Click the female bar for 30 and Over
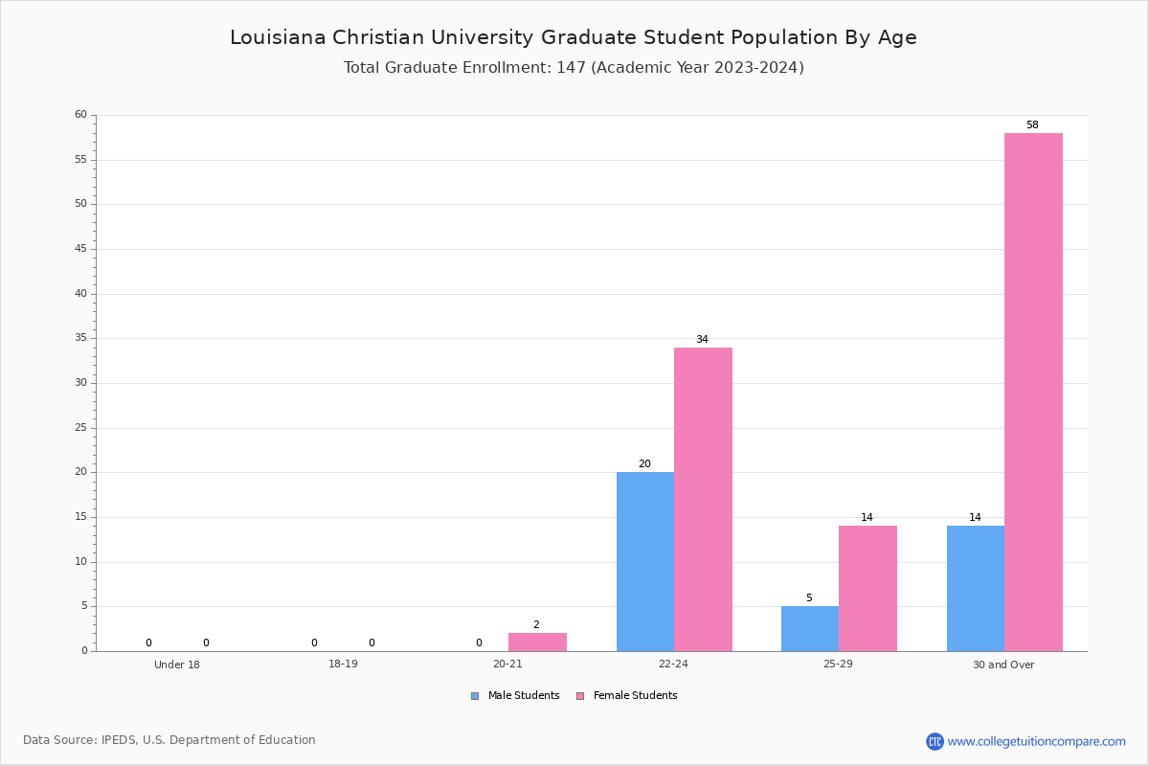(x=1033, y=392)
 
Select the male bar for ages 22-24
(x=644, y=561)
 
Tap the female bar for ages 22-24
(x=703, y=499)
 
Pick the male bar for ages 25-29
(x=809, y=628)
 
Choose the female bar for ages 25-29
(x=867, y=588)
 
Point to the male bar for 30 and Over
(x=975, y=588)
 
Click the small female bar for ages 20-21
(x=537, y=642)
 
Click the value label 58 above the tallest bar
(x=1032, y=125)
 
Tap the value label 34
(x=702, y=340)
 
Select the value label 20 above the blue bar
(x=644, y=464)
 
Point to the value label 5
(x=809, y=598)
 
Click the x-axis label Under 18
(x=177, y=665)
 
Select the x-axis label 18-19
(x=343, y=665)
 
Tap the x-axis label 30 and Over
(x=1003, y=665)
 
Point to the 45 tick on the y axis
(x=80, y=249)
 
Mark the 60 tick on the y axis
(x=80, y=115)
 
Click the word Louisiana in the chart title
(x=277, y=38)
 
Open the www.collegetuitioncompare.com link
(x=1036, y=741)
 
